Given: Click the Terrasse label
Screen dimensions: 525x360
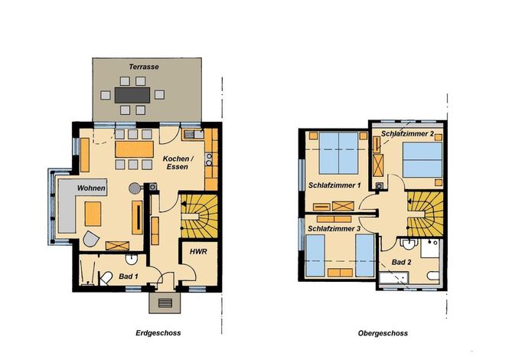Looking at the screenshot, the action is tap(144, 67).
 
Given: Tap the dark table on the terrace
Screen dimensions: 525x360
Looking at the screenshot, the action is tap(132, 95).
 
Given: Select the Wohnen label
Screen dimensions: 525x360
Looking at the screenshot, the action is tap(91, 188).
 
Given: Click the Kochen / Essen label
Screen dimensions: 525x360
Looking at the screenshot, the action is tap(178, 162).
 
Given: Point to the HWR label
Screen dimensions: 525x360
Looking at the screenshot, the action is tap(198, 251).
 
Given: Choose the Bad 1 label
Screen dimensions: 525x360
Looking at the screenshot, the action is tap(129, 277).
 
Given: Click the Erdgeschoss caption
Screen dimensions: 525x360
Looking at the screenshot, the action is tap(158, 333).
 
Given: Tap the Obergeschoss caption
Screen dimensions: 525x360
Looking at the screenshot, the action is tap(383, 333).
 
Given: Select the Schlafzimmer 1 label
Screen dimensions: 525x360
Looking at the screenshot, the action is tap(334, 185).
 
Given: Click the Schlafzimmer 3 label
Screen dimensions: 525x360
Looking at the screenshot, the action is tap(334, 228).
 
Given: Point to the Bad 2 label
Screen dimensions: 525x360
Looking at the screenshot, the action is tap(401, 262).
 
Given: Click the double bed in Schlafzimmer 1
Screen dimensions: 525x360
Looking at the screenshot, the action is tap(338, 153).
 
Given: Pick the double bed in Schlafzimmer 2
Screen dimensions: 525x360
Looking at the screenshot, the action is tap(422, 159).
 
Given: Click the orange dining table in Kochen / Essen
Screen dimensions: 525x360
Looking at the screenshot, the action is tap(134, 149).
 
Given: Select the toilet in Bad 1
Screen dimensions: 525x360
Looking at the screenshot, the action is tap(106, 278).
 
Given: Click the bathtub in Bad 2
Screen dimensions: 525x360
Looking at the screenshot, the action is tap(394, 278).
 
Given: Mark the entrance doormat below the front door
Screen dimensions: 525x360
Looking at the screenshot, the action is tap(165, 303).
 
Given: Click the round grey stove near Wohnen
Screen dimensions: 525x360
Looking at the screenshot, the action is tap(135, 188).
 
